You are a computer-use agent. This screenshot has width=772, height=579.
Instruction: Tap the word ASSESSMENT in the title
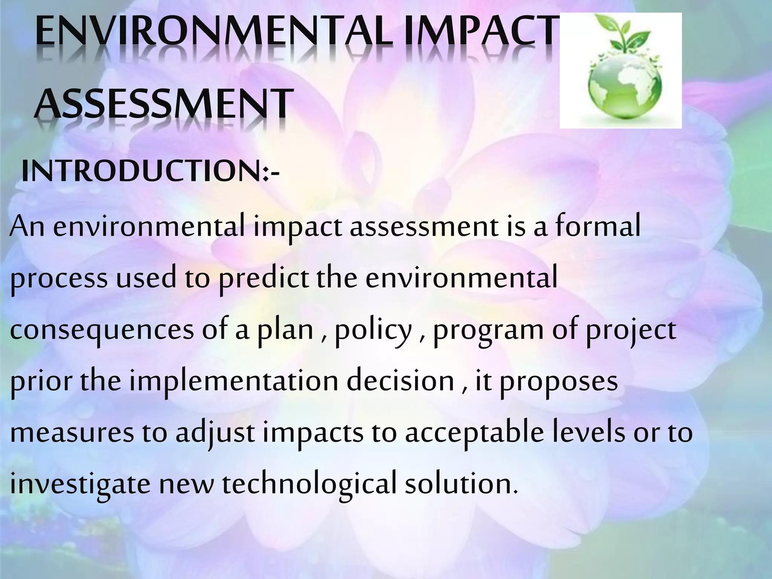click(164, 103)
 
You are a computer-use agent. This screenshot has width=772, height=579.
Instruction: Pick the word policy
click(373, 330)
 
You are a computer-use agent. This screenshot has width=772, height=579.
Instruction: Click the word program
click(489, 330)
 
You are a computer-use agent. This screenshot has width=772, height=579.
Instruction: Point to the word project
click(631, 330)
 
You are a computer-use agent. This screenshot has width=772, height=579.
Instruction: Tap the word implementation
click(234, 381)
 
